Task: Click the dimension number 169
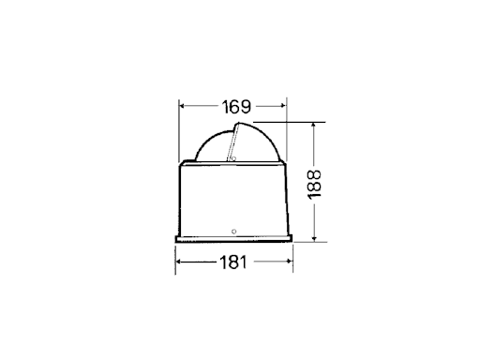click(x=236, y=107)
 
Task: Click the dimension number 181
click(x=233, y=262)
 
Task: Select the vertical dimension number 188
click(x=314, y=184)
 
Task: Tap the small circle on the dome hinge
click(x=233, y=158)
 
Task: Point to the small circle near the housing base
click(x=233, y=232)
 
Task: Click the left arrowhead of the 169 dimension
click(x=182, y=106)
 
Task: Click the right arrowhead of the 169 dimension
click(x=283, y=106)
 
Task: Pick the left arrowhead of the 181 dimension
click(x=179, y=262)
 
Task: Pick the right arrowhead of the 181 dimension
click(x=290, y=262)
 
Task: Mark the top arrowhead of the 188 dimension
click(x=314, y=126)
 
